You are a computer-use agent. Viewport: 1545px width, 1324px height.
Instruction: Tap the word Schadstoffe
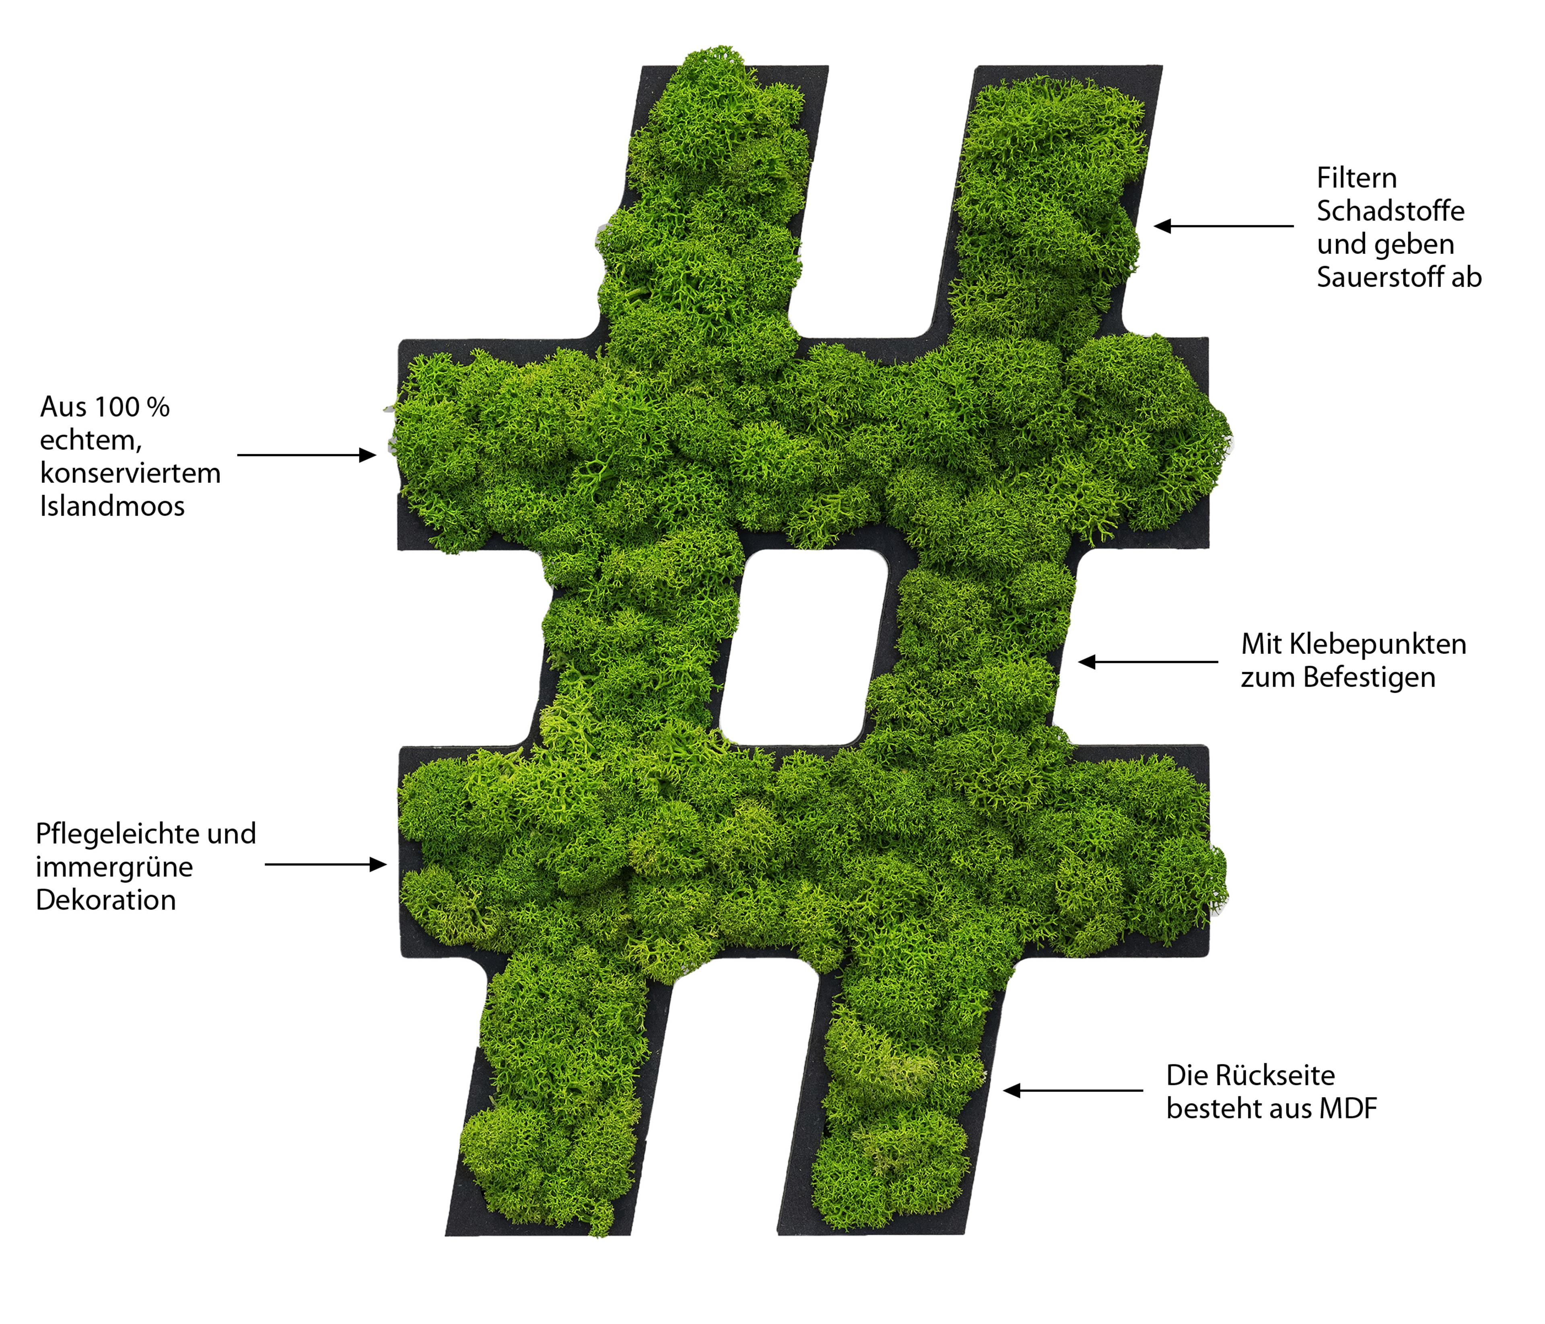(x=1390, y=211)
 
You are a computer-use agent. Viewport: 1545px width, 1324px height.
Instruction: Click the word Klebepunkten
(x=1377, y=644)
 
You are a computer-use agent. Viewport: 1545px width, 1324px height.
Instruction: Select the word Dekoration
(x=106, y=900)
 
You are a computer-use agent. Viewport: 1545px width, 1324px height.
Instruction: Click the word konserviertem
(x=130, y=474)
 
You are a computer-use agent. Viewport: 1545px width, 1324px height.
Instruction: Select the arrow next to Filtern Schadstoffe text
(x=1224, y=226)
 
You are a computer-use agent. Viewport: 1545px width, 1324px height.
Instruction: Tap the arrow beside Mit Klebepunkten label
(x=1148, y=661)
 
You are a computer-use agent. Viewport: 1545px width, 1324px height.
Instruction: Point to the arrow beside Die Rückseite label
(x=1073, y=1091)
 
